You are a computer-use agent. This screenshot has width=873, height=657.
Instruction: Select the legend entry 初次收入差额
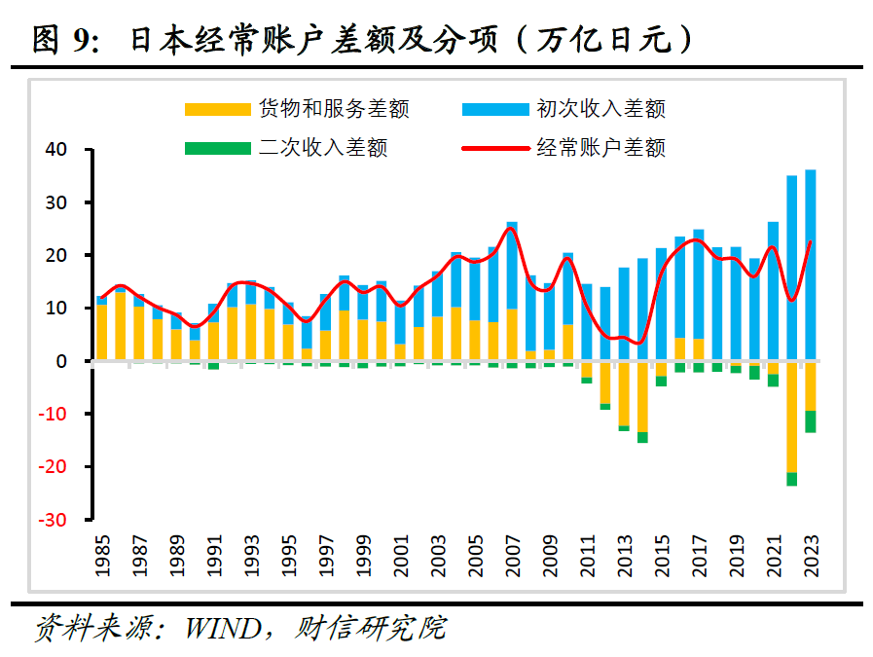[600, 109]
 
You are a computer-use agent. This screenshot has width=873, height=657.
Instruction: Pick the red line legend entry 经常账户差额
[600, 148]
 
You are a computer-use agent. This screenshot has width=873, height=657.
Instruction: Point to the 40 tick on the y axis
[55, 150]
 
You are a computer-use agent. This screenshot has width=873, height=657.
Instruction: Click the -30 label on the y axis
[52, 520]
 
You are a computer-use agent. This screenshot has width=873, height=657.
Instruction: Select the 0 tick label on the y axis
[61, 361]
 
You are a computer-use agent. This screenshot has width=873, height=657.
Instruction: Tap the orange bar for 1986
[120, 327]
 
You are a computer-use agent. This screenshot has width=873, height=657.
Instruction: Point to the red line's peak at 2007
[511, 229]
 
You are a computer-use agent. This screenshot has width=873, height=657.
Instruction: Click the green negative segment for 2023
[811, 421]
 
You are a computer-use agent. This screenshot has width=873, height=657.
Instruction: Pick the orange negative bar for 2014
[642, 396]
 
